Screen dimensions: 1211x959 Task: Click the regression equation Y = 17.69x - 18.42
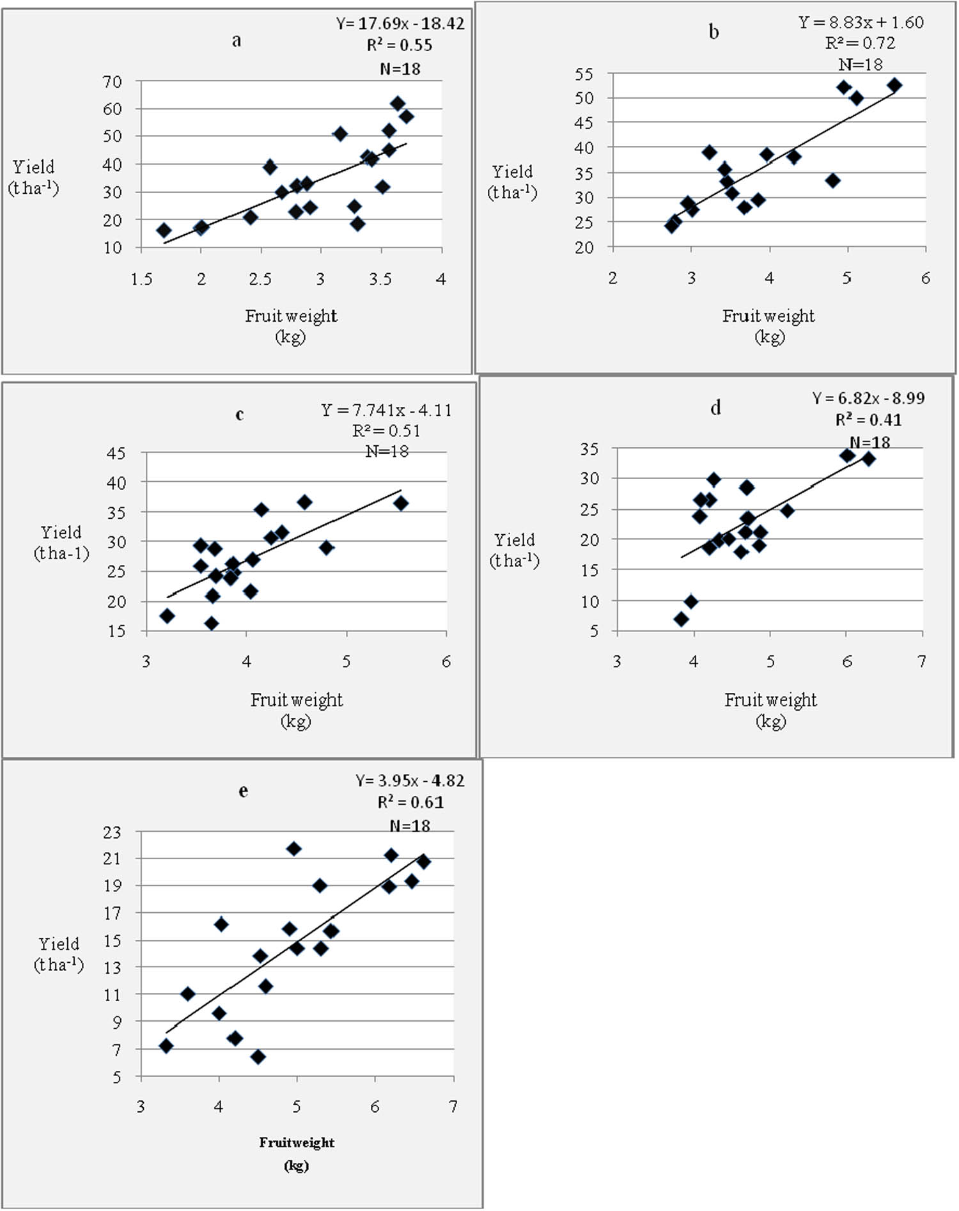(400, 24)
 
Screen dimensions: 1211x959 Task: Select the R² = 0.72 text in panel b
(860, 44)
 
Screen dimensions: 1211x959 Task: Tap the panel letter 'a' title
(237, 41)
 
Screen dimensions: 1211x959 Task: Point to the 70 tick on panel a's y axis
(113, 82)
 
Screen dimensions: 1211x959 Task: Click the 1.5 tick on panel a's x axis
(141, 280)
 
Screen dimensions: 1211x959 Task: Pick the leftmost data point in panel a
(164, 230)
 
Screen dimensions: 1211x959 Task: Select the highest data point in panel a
(398, 104)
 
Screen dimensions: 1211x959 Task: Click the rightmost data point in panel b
(894, 85)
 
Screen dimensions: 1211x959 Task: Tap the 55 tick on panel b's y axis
(584, 75)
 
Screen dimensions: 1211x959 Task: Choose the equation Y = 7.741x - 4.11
(386, 410)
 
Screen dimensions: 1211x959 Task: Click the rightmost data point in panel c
(401, 503)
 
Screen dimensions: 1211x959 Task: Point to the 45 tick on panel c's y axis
(116, 454)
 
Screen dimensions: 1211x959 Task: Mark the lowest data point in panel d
(682, 619)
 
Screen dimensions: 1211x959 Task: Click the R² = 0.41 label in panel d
(868, 420)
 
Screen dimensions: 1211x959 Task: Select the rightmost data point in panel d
(868, 459)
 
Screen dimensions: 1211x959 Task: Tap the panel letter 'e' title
(243, 791)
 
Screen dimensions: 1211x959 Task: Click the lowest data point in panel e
(258, 1057)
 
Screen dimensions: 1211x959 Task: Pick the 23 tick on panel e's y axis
(113, 832)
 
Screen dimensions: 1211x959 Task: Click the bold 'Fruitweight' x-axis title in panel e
(297, 1143)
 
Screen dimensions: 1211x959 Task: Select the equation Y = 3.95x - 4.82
(410, 780)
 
